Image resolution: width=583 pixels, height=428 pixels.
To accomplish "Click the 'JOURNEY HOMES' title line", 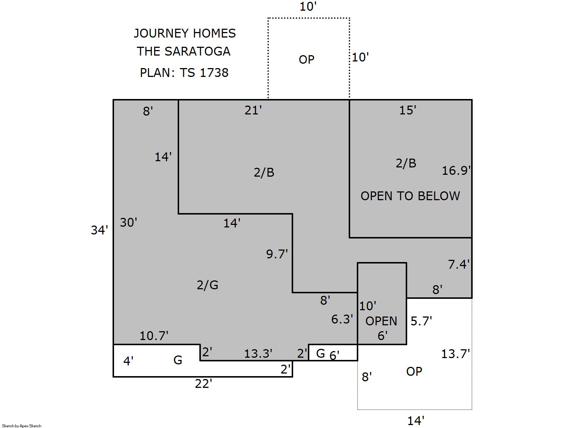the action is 185,33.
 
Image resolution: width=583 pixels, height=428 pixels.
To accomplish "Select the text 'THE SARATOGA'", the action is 184,51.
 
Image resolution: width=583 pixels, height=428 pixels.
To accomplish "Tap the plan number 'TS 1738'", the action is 204,72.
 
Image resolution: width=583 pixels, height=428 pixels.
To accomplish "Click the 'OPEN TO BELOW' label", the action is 410,196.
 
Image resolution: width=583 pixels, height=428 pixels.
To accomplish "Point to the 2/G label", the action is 207,285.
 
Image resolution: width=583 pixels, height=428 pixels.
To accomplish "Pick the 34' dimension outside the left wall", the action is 99,230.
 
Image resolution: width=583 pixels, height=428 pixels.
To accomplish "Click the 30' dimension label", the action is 129,223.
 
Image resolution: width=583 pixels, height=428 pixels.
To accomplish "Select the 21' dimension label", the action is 253,110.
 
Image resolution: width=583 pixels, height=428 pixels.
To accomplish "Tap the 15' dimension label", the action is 408,110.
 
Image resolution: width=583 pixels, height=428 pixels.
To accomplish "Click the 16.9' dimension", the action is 456,171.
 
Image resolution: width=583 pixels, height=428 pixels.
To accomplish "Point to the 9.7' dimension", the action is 277,254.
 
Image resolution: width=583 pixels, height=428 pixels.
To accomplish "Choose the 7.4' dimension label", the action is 459,264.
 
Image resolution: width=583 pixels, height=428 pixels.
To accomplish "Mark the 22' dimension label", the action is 203,384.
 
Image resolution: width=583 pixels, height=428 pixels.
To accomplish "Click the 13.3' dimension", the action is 258,354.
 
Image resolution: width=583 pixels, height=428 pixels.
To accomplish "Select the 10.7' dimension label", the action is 154,336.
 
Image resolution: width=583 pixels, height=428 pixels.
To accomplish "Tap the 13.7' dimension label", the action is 456,354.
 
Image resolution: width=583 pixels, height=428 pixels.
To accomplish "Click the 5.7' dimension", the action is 422,321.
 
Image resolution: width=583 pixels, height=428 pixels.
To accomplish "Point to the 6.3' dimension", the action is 342,319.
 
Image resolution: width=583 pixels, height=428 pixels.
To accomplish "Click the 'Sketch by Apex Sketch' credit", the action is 22,426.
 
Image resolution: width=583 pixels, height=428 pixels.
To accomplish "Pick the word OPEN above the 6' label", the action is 381,321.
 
